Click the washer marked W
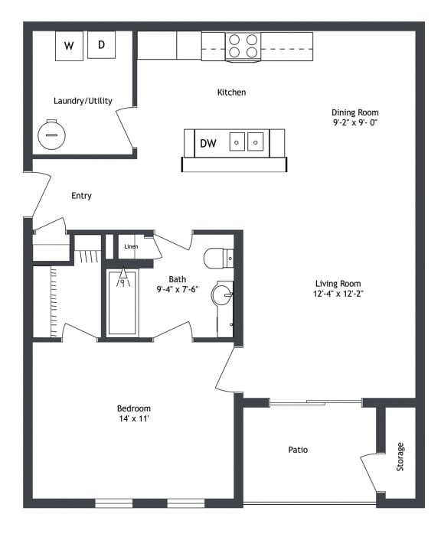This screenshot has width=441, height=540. coord(69,46)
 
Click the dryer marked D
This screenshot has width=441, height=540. coord(101,45)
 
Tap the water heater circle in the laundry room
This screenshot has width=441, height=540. coord(51,135)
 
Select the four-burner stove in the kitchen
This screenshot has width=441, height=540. coord(243,47)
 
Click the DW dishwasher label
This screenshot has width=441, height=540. coord(208,143)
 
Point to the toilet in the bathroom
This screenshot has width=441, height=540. coord(219,259)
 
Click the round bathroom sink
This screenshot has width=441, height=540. coord(222,294)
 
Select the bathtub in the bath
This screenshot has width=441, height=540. coord(122,303)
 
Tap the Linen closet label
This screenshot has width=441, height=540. coord(131,246)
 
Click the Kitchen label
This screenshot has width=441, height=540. coord(231,93)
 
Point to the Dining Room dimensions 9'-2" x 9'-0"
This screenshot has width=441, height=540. coord(354,122)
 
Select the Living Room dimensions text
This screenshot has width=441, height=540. coord(338,294)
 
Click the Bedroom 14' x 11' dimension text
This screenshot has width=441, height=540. coord(134,419)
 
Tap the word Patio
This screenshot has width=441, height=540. coord(298,450)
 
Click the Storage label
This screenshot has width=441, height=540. coord(400,457)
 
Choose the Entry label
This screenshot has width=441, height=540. coord(81,196)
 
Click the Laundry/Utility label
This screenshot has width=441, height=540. coord(83,101)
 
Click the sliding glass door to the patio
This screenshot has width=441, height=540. coord(315,402)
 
